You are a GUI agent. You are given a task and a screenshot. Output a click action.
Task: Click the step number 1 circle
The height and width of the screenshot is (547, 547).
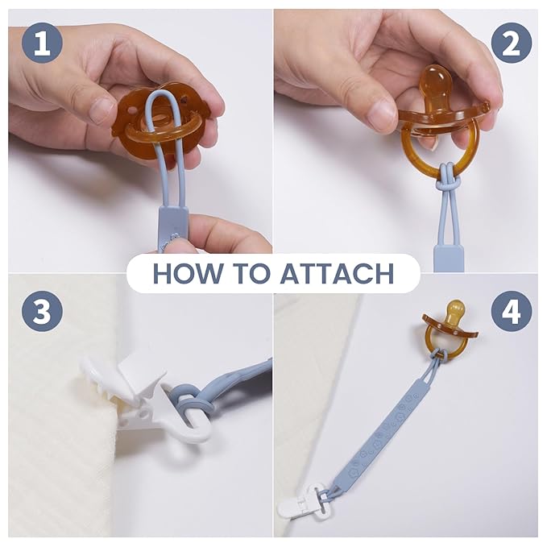(42, 44)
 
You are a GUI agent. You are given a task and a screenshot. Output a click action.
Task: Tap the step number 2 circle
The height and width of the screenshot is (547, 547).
(512, 44)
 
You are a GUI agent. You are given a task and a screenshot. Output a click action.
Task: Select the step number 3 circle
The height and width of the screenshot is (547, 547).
(42, 311)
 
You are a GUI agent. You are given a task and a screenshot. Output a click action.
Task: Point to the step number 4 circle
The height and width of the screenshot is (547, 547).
(512, 311)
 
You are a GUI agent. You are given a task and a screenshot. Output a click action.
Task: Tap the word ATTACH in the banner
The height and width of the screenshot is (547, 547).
(337, 273)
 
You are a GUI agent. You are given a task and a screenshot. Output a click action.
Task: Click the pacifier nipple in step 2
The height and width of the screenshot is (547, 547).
(435, 85)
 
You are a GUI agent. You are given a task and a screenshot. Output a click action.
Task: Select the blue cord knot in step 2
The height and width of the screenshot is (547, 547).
(443, 178)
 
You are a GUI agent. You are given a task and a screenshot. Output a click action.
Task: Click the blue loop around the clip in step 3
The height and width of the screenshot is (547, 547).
(190, 398)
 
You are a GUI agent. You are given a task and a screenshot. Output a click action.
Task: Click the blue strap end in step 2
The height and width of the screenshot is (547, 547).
(448, 258)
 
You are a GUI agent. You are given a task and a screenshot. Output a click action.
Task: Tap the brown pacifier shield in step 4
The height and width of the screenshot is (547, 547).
(450, 325)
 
